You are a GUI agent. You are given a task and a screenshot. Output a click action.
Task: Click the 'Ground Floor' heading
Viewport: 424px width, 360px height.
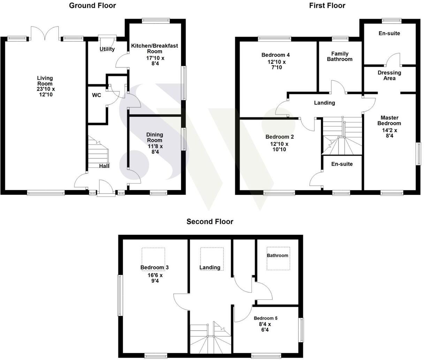click(92, 5)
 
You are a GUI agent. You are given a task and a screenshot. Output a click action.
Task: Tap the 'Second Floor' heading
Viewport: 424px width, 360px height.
click(210, 222)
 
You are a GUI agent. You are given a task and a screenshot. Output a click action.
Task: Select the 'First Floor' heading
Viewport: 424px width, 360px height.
click(327, 5)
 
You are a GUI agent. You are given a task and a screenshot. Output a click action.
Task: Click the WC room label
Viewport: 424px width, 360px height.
click(97, 95)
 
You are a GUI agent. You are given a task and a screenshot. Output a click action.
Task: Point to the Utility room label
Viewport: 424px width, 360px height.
click(107, 49)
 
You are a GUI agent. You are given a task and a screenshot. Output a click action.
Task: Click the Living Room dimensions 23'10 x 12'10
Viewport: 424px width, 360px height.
click(46, 92)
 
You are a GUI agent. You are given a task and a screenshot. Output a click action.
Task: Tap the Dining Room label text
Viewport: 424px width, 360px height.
click(154, 137)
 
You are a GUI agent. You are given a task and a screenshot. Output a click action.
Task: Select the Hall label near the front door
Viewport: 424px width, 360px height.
click(104, 166)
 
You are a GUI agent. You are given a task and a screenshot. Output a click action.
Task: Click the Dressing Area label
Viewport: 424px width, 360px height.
click(389, 75)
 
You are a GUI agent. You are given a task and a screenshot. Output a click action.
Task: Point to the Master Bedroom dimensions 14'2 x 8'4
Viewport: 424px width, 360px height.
click(389, 134)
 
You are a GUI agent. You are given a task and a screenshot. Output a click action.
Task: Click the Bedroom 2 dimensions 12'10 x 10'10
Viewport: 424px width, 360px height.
click(277, 147)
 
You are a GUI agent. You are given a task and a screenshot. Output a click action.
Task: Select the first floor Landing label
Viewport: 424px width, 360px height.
click(324, 103)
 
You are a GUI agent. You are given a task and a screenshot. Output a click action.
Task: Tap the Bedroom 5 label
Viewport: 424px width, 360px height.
click(265, 318)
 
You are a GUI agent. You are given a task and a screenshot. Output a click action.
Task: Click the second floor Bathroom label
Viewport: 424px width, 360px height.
click(278, 255)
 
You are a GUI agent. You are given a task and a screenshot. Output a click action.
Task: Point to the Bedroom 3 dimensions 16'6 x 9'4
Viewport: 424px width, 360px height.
click(154, 278)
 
